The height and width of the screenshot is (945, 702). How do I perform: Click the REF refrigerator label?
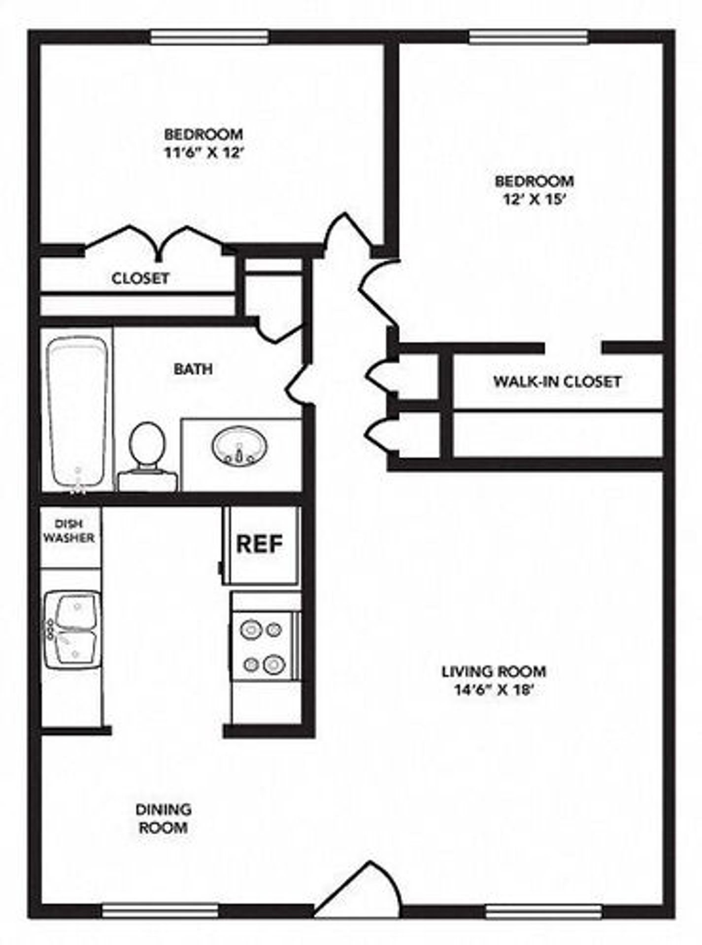tap(260, 544)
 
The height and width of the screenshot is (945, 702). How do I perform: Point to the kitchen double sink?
tap(74, 630)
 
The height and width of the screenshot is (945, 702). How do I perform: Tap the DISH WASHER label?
tap(69, 531)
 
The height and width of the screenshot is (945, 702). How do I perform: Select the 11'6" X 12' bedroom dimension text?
tap(203, 153)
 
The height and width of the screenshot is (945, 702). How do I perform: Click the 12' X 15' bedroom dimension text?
tap(534, 200)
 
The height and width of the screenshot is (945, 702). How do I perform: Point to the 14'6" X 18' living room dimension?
tap(494, 690)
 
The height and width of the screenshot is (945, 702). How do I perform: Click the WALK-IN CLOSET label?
tap(557, 381)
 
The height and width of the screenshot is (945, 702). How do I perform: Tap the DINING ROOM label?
tap(164, 819)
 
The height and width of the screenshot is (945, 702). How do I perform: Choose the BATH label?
tap(193, 369)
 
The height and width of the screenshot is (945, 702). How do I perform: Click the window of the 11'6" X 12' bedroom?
tap(209, 37)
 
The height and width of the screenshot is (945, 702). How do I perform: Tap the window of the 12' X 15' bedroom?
tap(529, 37)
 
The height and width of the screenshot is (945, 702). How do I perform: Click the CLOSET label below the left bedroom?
tap(140, 279)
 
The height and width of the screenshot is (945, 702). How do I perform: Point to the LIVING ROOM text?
tap(494, 671)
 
